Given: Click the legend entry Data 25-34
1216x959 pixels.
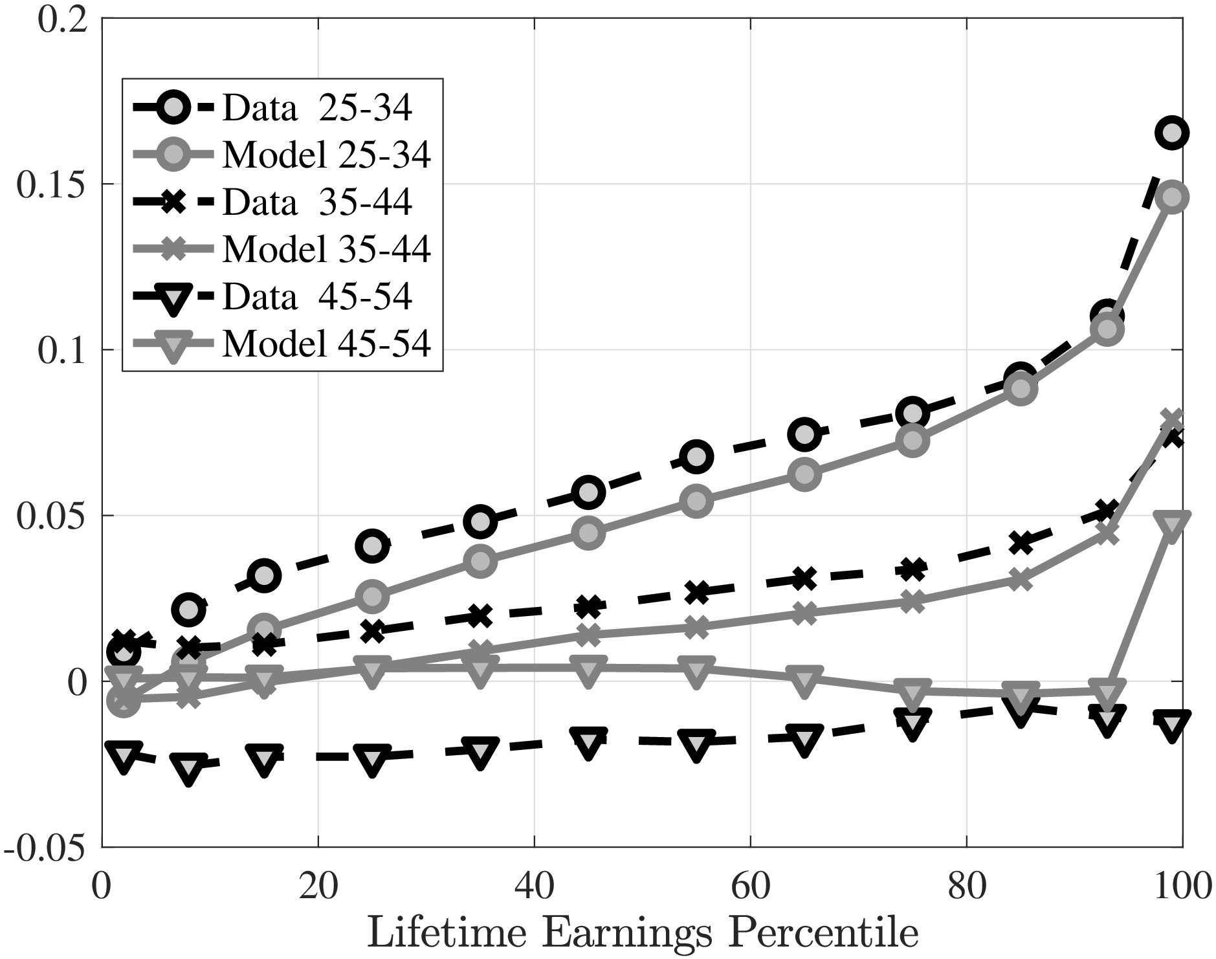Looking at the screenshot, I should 317,108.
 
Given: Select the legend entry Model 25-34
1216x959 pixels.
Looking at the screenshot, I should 327,155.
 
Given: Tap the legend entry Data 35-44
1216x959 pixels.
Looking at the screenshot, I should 317,202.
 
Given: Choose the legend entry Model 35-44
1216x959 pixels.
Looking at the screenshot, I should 327,248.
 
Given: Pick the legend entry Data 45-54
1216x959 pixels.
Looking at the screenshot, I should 317,296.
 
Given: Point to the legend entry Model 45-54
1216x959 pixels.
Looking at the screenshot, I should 327,343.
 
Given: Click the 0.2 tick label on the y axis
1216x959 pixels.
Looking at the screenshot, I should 62,19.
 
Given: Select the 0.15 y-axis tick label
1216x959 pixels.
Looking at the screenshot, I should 52,184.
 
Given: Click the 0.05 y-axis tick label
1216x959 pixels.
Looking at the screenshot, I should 52,516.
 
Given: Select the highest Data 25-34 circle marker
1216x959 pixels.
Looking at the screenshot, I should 1172,133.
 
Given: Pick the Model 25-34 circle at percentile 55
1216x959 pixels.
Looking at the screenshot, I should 696,502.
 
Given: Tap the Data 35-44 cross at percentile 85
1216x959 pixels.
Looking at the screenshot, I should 1021,542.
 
